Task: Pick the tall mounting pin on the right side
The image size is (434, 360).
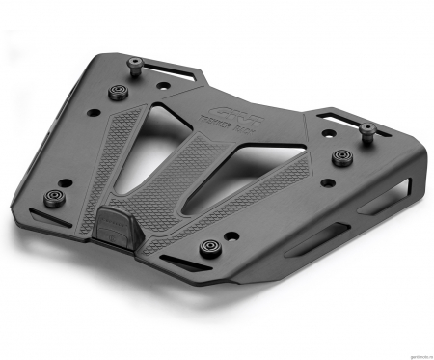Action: pyautogui.click(x=367, y=130)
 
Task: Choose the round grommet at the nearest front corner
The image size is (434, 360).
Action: pyautogui.click(x=207, y=247)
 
